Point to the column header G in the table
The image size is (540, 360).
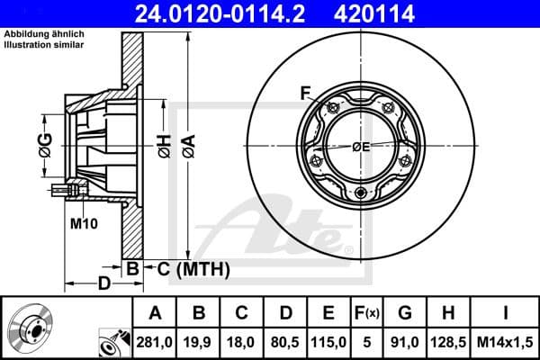[405, 313]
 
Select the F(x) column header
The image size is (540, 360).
[368, 313]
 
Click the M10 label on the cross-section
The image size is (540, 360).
[83, 222]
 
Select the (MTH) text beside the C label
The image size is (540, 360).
[202, 268]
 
